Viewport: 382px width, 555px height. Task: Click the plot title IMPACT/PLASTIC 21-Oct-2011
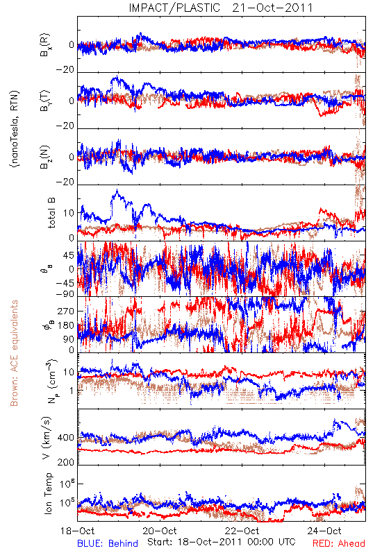point(221,8)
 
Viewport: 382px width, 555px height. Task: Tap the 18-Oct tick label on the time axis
point(77,531)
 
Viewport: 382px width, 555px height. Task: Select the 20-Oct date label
point(160,531)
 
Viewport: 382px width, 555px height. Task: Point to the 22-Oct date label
point(242,531)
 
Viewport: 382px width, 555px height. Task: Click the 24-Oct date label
point(324,531)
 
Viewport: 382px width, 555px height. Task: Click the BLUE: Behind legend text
point(108,543)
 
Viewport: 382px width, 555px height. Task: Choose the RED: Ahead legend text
point(338,543)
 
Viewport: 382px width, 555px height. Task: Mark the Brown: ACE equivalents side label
point(14,353)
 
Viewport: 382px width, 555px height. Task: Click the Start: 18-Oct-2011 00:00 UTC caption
point(221,542)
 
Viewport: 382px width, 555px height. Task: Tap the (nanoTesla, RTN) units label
point(15,129)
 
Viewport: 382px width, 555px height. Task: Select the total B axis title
point(51,213)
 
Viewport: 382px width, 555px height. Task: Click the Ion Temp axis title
point(48,493)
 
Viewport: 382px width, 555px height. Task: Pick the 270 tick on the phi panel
point(66,311)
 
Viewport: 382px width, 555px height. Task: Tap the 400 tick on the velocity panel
point(66,438)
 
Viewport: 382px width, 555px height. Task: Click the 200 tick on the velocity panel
point(66,462)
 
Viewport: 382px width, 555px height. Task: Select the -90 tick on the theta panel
point(65,294)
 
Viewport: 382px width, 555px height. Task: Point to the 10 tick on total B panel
point(69,213)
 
